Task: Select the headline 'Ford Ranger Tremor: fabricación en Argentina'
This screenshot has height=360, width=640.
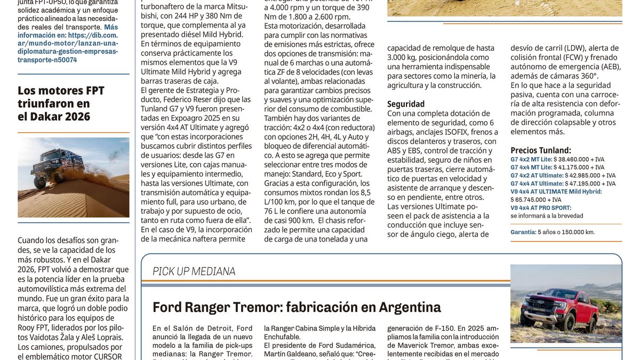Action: click(x=297, y=307)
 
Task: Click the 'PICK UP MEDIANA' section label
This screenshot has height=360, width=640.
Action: click(x=194, y=271)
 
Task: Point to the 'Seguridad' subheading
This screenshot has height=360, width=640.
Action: click(x=406, y=104)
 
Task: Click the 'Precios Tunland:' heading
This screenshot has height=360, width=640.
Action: click(x=541, y=150)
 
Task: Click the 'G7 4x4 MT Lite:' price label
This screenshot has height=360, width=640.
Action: click(x=531, y=167)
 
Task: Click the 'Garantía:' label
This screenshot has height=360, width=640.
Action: click(x=523, y=232)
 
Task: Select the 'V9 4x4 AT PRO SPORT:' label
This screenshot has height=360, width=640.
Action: click(x=541, y=208)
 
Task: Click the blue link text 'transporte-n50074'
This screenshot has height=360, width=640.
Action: click(x=47, y=60)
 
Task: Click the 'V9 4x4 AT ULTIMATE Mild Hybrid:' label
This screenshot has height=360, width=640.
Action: click(x=556, y=191)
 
